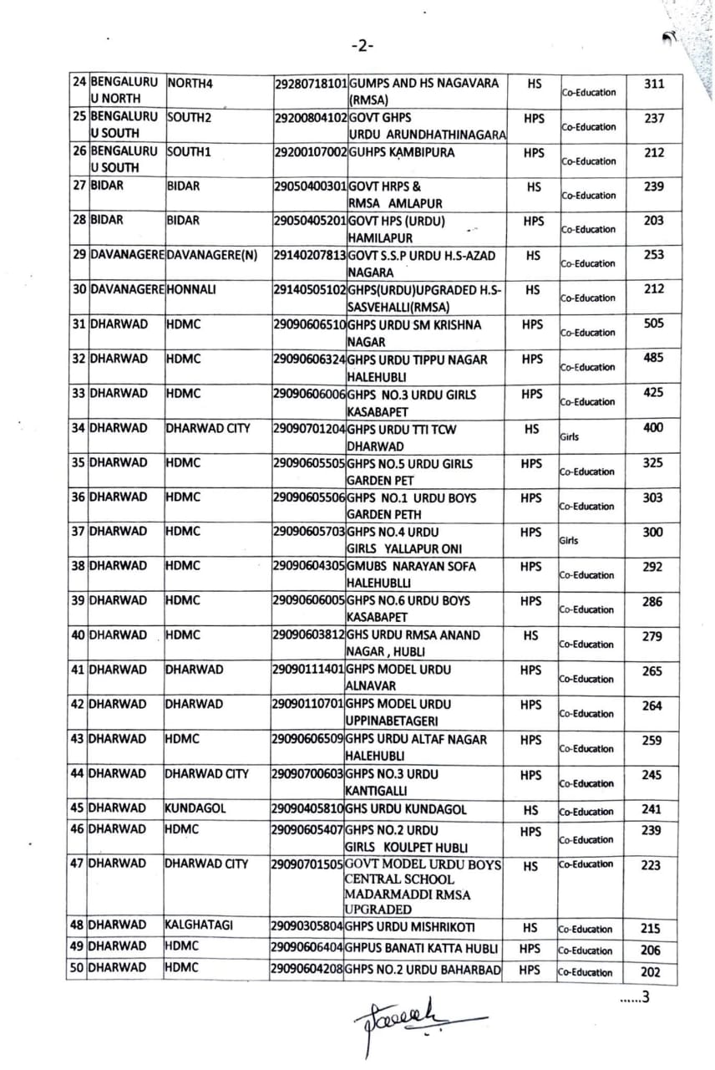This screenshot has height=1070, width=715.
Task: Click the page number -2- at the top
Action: pyautogui.click(x=363, y=45)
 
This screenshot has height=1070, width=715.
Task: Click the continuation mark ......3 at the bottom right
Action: pyautogui.click(x=634, y=996)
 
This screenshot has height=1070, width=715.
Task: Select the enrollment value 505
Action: pyautogui.click(x=654, y=324)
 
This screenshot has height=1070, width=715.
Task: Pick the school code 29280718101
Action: pyautogui.click(x=310, y=84)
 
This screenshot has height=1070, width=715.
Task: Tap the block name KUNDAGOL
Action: pyautogui.click(x=195, y=809)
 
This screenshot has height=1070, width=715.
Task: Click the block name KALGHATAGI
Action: pyautogui.click(x=198, y=926)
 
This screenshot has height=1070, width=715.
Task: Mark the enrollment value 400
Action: pyautogui.click(x=654, y=427)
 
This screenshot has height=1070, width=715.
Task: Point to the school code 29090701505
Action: pyautogui.click(x=307, y=864)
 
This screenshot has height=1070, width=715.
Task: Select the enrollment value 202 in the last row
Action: pyautogui.click(x=652, y=972)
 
